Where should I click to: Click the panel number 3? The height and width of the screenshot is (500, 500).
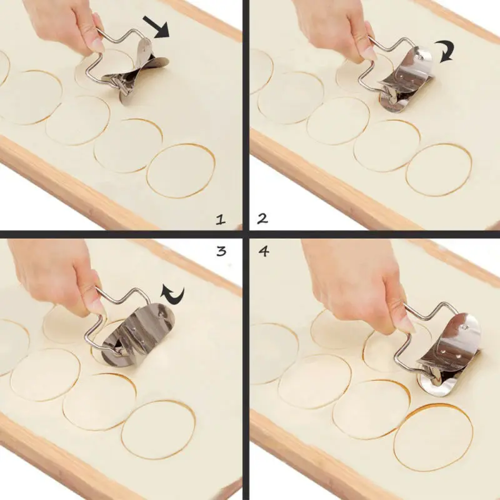(221, 251)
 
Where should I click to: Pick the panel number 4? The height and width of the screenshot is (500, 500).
(263, 251)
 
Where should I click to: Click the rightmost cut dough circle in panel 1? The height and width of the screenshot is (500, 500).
(181, 171)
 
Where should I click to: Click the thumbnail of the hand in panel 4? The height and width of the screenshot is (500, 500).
(405, 323)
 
